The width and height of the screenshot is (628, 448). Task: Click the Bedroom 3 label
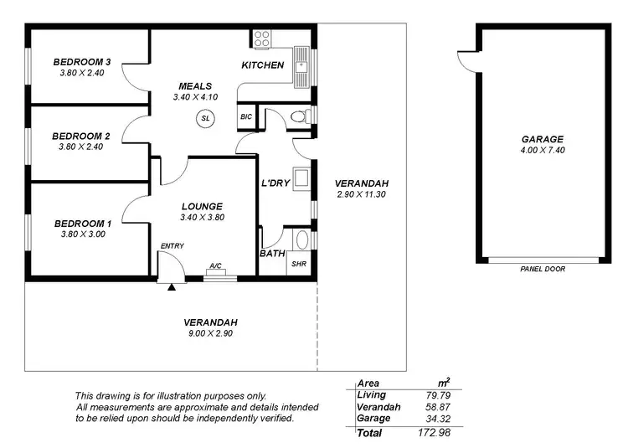82,62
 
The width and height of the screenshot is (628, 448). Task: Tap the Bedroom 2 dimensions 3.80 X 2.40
80,147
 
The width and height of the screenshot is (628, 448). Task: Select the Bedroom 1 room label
82,224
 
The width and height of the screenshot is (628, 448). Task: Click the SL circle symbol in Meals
205,119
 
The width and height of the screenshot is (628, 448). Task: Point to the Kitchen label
263,65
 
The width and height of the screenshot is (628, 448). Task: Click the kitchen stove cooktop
262,39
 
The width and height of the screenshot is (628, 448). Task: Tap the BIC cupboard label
246,117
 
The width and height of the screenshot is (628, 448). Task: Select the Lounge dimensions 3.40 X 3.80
201,218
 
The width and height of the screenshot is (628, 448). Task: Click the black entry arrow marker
172,287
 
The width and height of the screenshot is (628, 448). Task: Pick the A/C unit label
215,266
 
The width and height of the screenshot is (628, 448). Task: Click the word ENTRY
172,245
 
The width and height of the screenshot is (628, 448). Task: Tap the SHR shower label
298,264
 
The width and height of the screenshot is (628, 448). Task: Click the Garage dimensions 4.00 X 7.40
543,151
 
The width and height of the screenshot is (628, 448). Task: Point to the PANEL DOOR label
543,269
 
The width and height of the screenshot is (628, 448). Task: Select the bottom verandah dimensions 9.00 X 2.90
211,333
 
